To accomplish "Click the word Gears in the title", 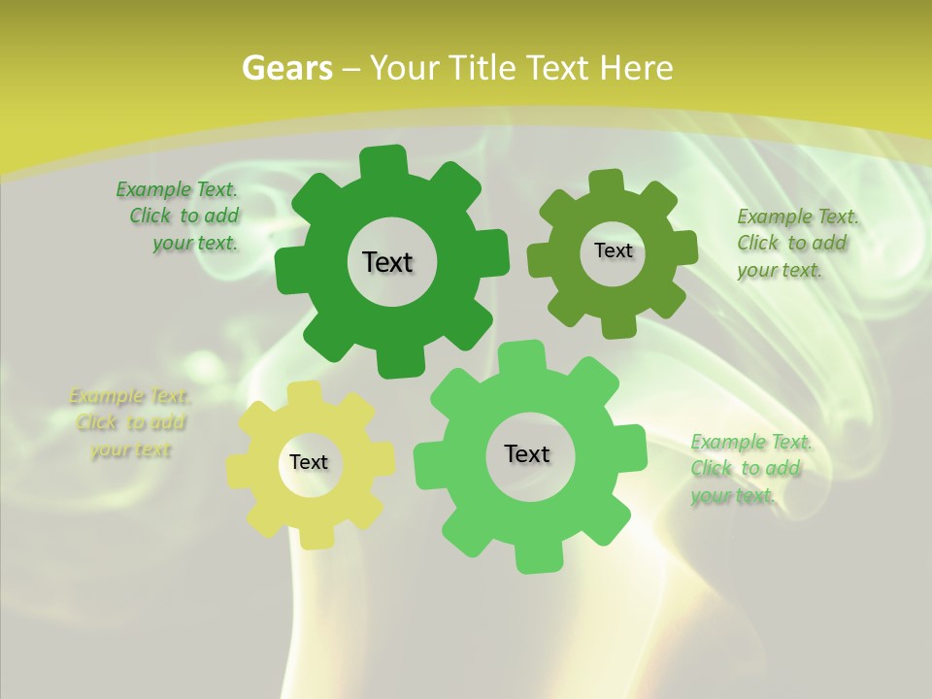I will click(287, 68).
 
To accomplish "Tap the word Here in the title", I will click(637, 68).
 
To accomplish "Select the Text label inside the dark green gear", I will click(387, 262).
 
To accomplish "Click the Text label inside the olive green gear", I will click(613, 250).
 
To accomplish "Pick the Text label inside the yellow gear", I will click(309, 463).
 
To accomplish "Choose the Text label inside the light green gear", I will click(527, 454).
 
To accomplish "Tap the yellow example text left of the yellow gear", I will click(128, 423).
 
